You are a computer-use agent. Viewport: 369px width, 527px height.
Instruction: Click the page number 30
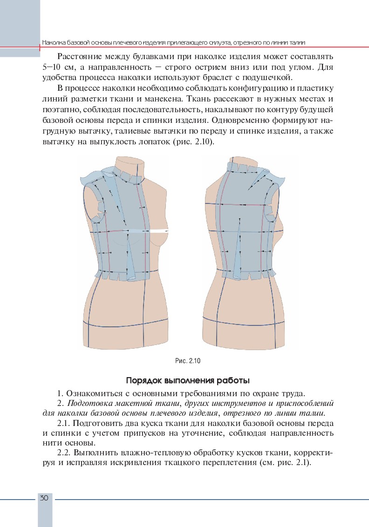44,498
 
